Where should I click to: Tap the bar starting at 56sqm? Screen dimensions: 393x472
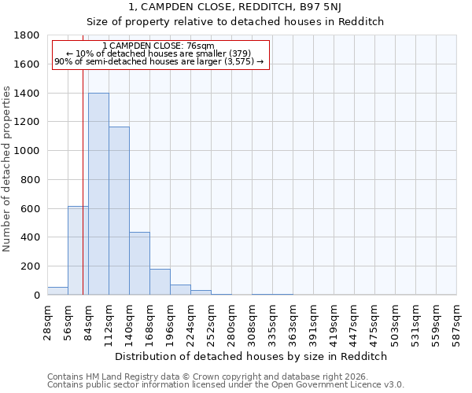tap(78, 251)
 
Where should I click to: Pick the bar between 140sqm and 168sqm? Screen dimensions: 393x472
tap(139, 263)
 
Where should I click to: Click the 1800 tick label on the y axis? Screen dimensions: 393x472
tap(28, 35)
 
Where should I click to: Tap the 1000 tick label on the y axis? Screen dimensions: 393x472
tap(28, 151)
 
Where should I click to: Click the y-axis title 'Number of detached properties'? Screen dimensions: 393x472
tap(7, 181)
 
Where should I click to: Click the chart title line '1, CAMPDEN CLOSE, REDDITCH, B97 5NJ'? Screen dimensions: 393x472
tap(235, 7)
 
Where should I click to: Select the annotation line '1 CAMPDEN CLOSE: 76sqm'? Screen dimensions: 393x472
tap(158, 46)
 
